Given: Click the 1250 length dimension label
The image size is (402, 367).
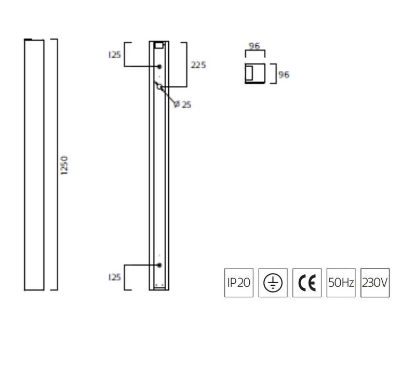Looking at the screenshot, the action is [x=64, y=165].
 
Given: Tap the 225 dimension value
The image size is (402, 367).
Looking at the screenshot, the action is [x=198, y=65].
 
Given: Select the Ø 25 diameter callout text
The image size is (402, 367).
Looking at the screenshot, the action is [x=182, y=104].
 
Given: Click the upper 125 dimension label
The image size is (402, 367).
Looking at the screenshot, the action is [x=115, y=55].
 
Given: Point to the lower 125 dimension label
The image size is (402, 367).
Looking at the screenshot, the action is [x=115, y=277].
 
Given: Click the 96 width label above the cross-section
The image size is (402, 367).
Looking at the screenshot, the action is [x=254, y=46].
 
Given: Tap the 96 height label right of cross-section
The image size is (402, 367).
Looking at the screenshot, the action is [x=284, y=74].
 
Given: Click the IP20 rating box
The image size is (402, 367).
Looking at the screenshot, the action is [x=239, y=283].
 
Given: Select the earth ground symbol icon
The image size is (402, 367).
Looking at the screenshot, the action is [x=273, y=283].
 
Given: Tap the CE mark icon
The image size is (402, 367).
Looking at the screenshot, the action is [x=307, y=283].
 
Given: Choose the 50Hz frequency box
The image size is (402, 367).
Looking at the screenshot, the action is [x=341, y=283].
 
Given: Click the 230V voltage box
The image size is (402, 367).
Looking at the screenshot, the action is [x=375, y=283].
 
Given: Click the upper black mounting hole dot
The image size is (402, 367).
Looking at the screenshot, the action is [x=159, y=67].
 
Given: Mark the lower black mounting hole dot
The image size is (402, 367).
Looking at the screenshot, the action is [x=159, y=265].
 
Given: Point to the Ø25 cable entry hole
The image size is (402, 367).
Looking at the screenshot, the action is [x=159, y=87].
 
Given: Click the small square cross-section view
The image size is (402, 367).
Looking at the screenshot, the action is [x=255, y=73].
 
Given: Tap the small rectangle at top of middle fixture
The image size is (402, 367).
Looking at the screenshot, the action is [x=159, y=45].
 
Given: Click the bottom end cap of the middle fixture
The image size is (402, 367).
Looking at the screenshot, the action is [x=159, y=287].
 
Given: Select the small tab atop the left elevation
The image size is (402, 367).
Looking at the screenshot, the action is [x=28, y=40].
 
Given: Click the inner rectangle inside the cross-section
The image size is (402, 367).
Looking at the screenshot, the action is [x=249, y=72].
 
